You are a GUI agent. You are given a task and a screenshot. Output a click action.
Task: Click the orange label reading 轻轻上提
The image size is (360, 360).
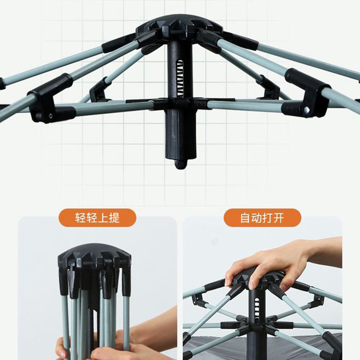tap(98, 218)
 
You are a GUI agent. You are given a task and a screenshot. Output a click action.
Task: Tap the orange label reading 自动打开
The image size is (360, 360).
tap(262, 218)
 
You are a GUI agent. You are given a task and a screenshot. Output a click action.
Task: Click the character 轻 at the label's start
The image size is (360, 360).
tap(81, 218)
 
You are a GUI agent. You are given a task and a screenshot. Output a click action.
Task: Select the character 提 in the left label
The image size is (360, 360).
tap(114, 218)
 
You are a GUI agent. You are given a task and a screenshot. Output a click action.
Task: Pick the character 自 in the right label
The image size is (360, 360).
tap(245, 218)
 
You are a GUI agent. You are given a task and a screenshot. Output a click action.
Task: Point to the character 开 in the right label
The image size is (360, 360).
tap(279, 218)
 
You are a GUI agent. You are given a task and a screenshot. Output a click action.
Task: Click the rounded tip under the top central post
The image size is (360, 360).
tap(181, 164)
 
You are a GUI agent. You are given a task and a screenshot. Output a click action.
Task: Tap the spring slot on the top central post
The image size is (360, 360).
tap(180, 77)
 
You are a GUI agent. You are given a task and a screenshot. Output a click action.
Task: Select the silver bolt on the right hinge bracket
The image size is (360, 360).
tap(306, 110)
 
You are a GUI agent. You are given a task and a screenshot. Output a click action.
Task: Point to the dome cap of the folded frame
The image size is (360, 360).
tap(94, 255)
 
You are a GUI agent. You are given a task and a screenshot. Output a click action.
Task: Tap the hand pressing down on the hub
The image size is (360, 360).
tap(271, 262)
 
